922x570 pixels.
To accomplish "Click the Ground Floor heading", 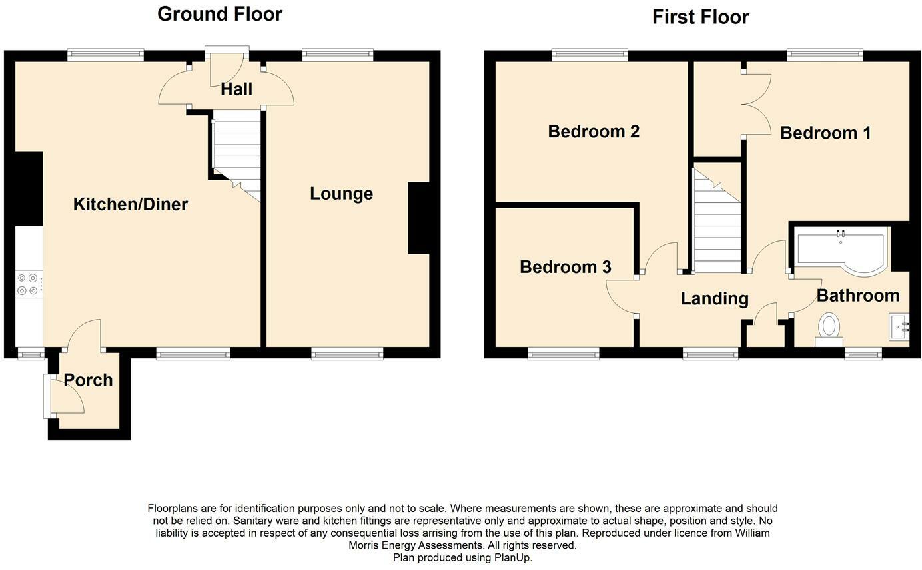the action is [220, 15].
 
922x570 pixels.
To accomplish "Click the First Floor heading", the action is [701, 17].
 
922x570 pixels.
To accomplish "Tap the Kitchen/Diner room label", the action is [131, 204].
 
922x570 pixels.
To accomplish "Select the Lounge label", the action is [341, 194].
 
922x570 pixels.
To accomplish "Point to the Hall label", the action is [236, 89].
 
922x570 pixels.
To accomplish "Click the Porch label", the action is [88, 380].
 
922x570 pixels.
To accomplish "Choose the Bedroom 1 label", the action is [825, 133].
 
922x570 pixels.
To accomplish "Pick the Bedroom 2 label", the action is [594, 131].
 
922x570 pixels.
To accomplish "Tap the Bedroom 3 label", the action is [565, 267].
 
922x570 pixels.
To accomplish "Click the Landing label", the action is [714, 299].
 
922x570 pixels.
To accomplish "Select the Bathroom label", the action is [858, 296].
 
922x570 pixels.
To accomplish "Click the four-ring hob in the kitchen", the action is [29, 284].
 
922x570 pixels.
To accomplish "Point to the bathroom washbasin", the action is [899, 327].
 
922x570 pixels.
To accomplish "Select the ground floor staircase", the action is [237, 155].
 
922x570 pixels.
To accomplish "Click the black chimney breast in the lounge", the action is [418, 218].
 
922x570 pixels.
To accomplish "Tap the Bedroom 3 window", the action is [563, 353].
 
